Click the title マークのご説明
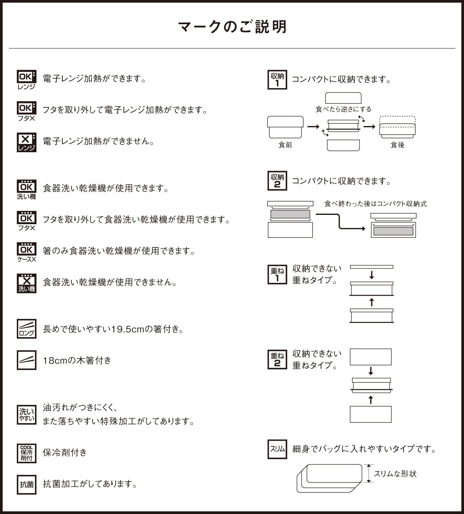(x=232, y=27)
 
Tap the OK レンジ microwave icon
(x=27, y=80)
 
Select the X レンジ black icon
(x=27, y=143)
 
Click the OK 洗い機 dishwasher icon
(x=27, y=190)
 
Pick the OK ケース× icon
(x=27, y=252)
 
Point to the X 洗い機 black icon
(x=27, y=283)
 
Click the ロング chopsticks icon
(x=27, y=329)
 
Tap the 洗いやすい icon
(x=27, y=415)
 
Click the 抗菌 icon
(x=27, y=484)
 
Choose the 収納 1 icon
(x=277, y=80)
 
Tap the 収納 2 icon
(x=277, y=181)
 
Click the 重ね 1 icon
(x=277, y=275)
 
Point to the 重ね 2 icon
(x=277, y=359)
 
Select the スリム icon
(x=277, y=449)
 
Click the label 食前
(x=285, y=145)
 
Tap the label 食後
(x=397, y=145)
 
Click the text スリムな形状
(x=395, y=474)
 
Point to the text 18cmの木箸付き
(x=77, y=360)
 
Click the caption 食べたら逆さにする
(x=343, y=109)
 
